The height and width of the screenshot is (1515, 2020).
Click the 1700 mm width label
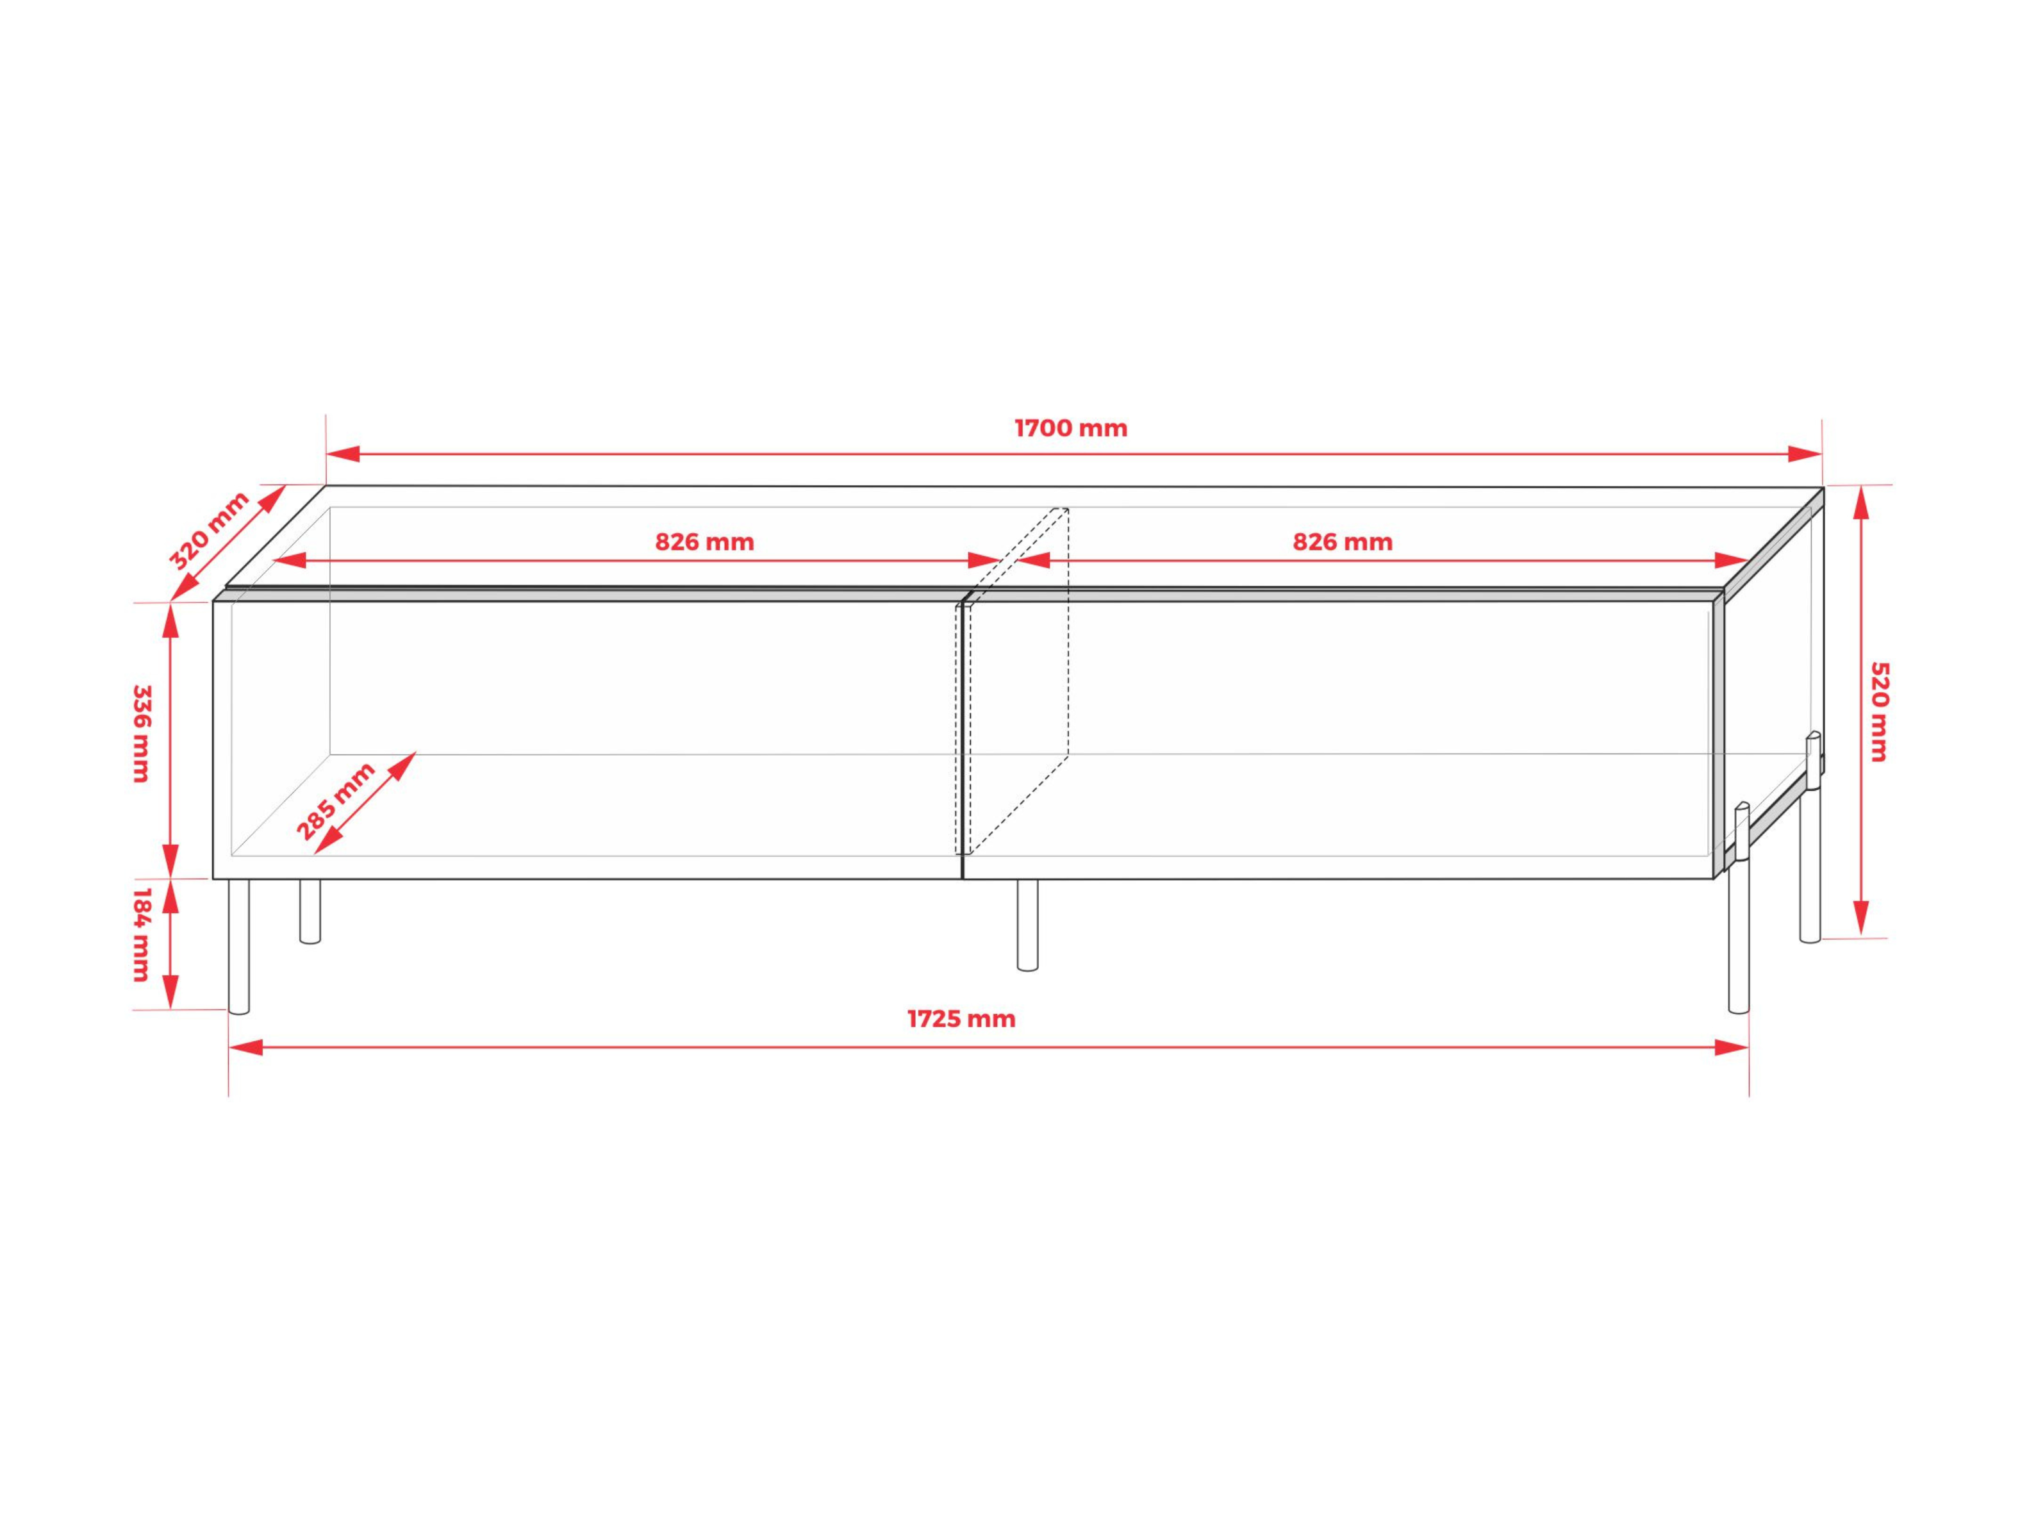[1071, 428]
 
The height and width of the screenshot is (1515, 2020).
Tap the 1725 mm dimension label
[961, 1019]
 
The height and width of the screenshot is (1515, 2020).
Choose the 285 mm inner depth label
[336, 801]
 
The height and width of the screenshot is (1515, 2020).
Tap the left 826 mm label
[705, 542]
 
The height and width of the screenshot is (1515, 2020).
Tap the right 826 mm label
[1343, 542]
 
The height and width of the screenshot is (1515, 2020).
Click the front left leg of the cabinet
[238, 946]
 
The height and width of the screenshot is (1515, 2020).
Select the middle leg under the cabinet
[1028, 924]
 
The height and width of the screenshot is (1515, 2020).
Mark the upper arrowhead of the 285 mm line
[404, 765]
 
